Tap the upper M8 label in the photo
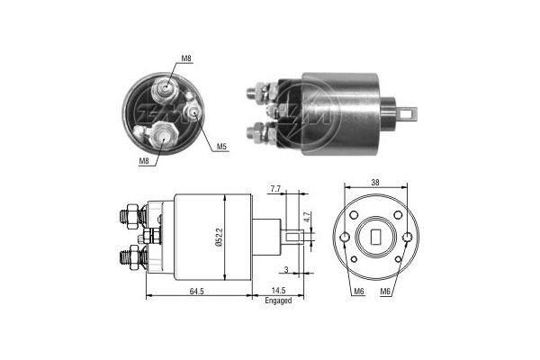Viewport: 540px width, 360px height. (x=186, y=58)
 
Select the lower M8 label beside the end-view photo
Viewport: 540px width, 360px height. (x=144, y=161)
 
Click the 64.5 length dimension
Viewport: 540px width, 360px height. (x=196, y=292)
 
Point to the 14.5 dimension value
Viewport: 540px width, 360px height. (x=278, y=292)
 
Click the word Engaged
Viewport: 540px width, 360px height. (x=278, y=301)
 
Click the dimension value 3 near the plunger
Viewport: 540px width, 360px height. (x=286, y=269)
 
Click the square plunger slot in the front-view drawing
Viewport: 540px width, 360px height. (x=376, y=238)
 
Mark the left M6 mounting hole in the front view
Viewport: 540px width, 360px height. (x=346, y=238)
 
